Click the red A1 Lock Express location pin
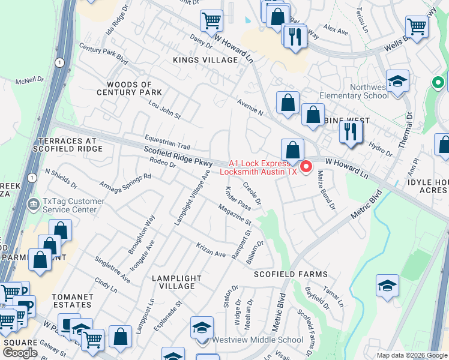305,166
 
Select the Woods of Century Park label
134,89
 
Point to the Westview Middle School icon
202,328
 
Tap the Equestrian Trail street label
166,142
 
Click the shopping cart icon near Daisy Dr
211,21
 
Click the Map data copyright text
412,355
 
